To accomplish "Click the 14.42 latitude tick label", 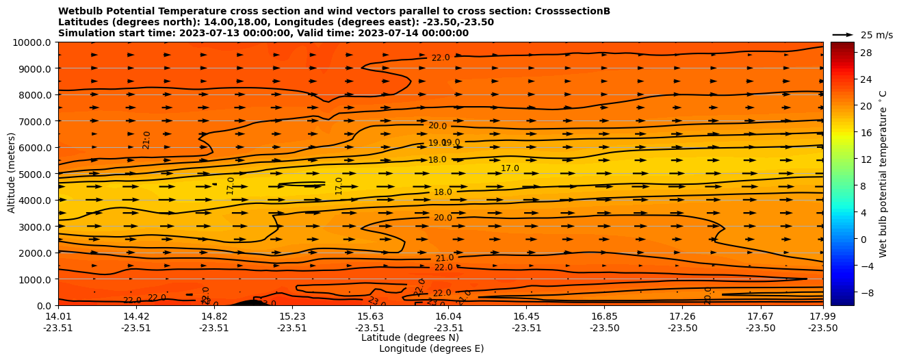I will click(x=136, y=316).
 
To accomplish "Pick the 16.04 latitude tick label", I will click(x=448, y=316).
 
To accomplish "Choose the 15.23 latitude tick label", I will click(x=292, y=316).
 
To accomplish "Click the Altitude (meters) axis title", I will click(x=12, y=174).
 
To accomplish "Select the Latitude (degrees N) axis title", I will click(x=410, y=337).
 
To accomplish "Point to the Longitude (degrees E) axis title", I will click(x=431, y=348).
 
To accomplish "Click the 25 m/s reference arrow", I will click(x=843, y=34).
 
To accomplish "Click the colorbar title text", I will click(x=883, y=174).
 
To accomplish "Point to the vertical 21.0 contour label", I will click(x=146, y=140).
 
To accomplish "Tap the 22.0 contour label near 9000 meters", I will click(x=441, y=58).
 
